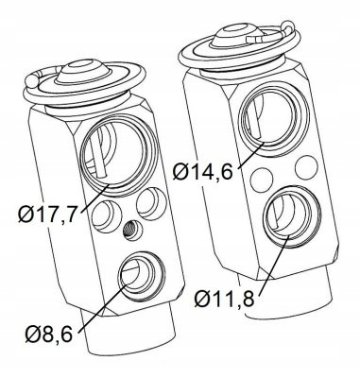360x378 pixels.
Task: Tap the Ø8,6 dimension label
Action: [x=49, y=334]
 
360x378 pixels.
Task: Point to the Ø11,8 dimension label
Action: [x=224, y=299]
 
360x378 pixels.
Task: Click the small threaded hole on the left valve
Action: [x=132, y=230]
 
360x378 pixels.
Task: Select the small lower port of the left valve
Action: [x=141, y=275]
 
